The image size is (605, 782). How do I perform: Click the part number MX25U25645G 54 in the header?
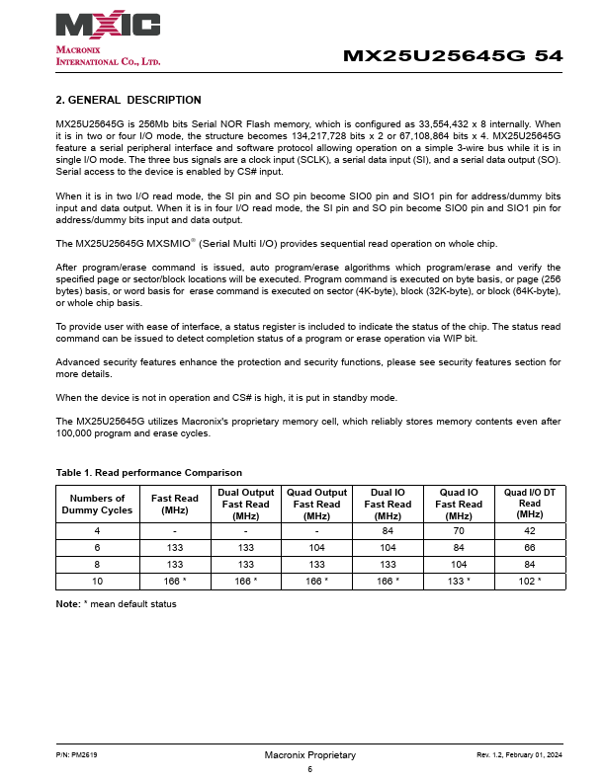[453, 56]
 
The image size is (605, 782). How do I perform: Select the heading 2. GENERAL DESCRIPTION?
[129, 100]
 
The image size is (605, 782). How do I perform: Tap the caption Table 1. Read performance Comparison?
[149, 473]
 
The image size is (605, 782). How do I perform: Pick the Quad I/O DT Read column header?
[530, 504]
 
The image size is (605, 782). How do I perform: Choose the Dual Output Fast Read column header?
[246, 504]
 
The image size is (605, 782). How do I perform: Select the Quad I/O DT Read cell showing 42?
[530, 530]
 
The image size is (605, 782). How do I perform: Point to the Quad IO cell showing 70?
[459, 530]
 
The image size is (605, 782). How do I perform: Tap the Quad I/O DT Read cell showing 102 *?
[530, 581]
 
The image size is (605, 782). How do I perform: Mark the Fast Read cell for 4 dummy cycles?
[175, 530]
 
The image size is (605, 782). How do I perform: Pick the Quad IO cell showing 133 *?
[459, 581]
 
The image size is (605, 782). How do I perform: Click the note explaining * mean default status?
[117, 603]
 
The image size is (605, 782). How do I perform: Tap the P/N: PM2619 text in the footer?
[77, 755]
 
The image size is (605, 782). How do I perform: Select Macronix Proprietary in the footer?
[309, 755]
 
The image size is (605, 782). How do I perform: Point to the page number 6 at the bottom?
[309, 769]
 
